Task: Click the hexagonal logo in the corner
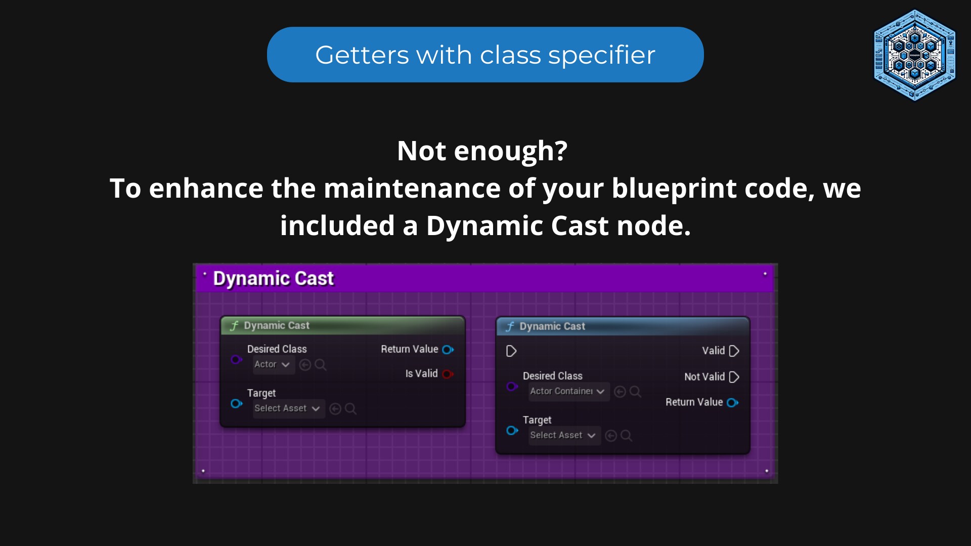coord(914,55)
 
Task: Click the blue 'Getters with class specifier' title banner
coord(485,55)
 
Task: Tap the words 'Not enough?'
coord(482,151)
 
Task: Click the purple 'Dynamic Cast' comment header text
coord(273,279)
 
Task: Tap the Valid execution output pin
coord(734,351)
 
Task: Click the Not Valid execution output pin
coord(734,377)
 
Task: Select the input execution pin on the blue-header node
coord(511,351)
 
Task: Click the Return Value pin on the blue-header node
coord(732,402)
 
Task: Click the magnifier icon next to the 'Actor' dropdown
coord(321,365)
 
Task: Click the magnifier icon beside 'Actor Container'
coord(636,392)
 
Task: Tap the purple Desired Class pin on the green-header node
coord(236,359)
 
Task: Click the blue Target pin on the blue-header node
coord(512,430)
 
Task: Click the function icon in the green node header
coord(234,326)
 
